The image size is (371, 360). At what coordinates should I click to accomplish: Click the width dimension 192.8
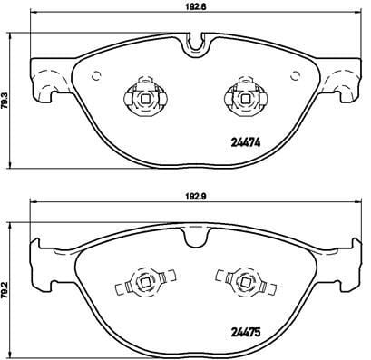tap(197, 6)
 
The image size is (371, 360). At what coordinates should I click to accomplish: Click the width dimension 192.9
tap(197, 196)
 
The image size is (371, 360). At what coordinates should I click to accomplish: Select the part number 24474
tap(246, 142)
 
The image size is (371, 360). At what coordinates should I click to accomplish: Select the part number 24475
tap(246, 333)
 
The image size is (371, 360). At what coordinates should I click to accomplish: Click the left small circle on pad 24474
tap(96, 76)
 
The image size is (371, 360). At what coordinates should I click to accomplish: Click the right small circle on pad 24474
tap(295, 76)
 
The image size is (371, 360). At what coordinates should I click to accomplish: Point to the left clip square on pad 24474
tap(145, 98)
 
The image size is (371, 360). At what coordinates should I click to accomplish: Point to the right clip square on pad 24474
tap(245, 98)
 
